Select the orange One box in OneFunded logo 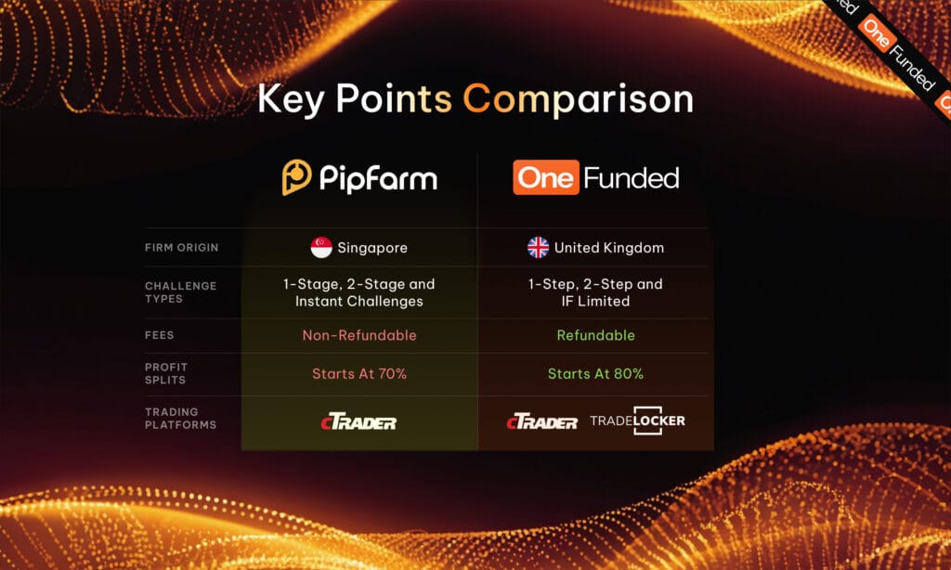click(546, 177)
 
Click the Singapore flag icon click(321, 248)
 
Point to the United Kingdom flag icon click(538, 248)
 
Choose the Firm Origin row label click(181, 248)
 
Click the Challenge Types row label click(181, 292)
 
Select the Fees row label click(159, 335)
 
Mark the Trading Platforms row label click(180, 418)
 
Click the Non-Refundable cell click(358, 335)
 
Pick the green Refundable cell click(595, 335)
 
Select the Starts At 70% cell click(358, 374)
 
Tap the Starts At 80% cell click(595, 374)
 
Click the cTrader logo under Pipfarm click(358, 422)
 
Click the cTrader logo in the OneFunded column click(541, 422)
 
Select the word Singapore click(372, 248)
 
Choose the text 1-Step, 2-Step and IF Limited click(595, 292)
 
